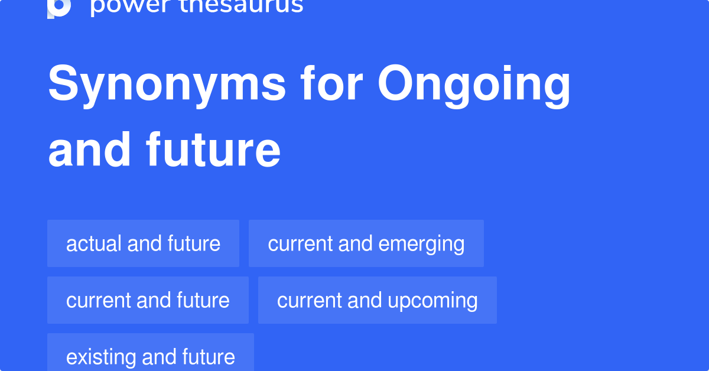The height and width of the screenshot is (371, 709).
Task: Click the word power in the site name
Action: tap(131, 7)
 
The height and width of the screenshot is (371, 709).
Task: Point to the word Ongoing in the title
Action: tap(474, 86)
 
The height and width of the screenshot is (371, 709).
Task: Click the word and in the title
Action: tap(89, 149)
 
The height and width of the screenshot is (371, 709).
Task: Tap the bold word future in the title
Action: tap(213, 149)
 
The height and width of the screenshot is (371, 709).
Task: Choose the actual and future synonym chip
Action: tap(143, 243)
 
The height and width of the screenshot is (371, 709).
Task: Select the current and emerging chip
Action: tap(366, 243)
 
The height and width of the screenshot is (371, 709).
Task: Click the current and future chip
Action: tap(148, 300)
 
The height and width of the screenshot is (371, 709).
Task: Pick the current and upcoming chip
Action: tap(378, 300)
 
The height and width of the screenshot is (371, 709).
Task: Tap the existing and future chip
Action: tap(151, 352)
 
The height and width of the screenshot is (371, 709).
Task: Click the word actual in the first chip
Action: tap(94, 244)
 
